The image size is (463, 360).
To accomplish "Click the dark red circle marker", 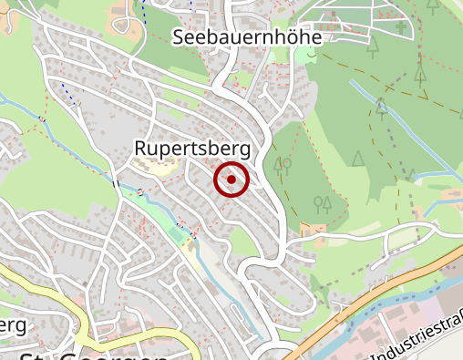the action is [x=231, y=180].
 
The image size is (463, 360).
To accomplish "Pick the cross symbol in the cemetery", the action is [x=402, y=28].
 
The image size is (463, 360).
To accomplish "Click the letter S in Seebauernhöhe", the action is [x=179, y=37].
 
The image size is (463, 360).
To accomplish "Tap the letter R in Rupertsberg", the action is [x=140, y=149].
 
